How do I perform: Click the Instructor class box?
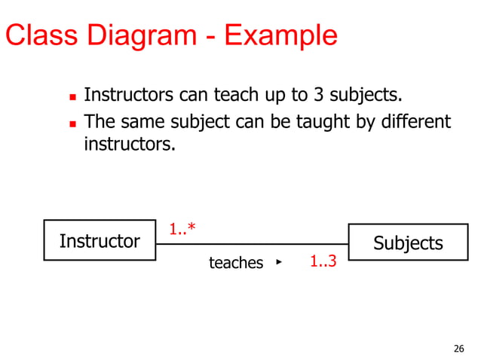pos(100,241)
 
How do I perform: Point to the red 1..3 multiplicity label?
pos(323,262)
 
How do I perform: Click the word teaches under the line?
pos(236,263)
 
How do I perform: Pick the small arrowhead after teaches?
pos(278,262)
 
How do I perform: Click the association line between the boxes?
pos(252,244)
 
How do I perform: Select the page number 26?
pos(458,348)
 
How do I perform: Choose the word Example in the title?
pos(285,35)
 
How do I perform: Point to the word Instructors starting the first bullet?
pos(129,96)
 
